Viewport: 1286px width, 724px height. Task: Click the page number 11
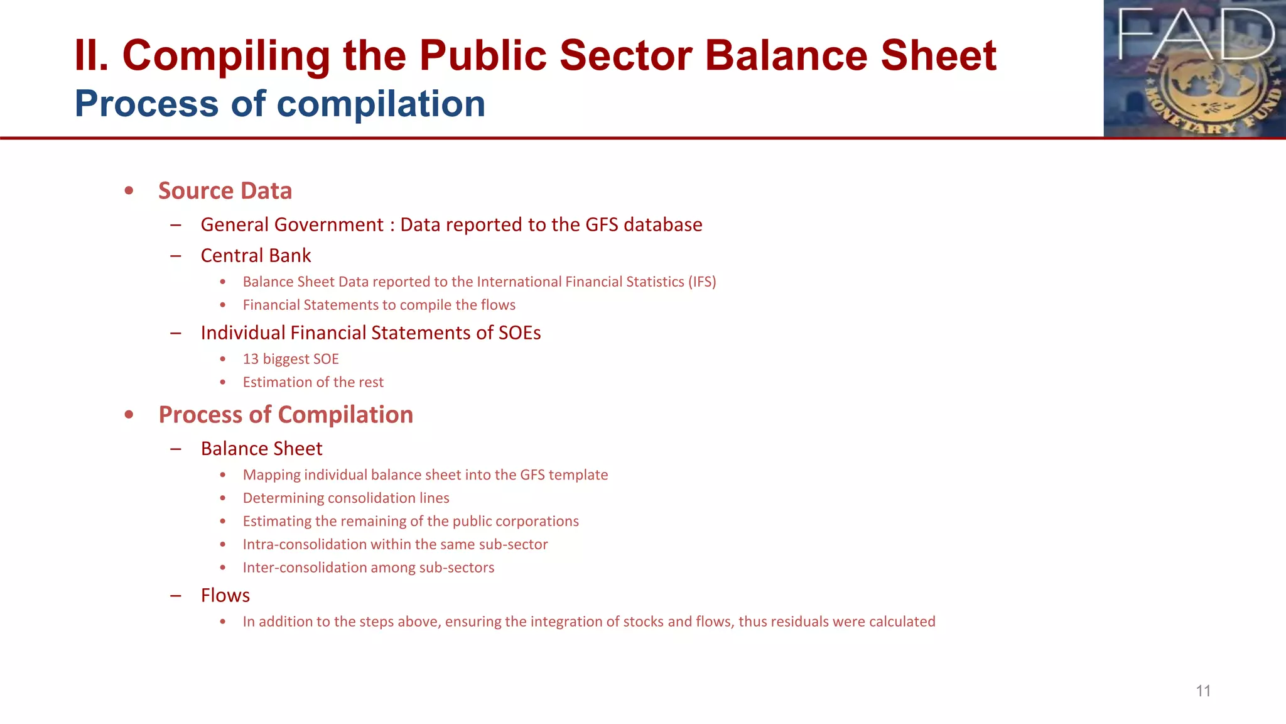pos(1202,691)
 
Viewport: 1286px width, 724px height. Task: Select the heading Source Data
pos(225,190)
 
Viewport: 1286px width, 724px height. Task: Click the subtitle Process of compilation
pos(280,104)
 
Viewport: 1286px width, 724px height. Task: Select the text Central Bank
pos(256,256)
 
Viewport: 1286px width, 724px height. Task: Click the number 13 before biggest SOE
pos(251,359)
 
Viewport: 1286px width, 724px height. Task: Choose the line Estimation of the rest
pos(313,382)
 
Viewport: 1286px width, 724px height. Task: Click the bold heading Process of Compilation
pos(286,415)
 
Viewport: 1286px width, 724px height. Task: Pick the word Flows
pos(225,595)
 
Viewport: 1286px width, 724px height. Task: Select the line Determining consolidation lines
pos(346,498)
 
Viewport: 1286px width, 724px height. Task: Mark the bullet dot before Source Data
pos(129,190)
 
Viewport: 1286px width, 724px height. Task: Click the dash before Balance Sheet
pos(176,449)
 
